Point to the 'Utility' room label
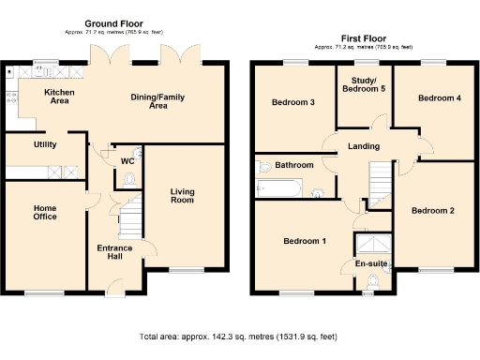[45, 144]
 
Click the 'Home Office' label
[45, 212]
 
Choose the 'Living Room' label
[182, 196]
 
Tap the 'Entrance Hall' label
[115, 253]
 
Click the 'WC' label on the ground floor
[127, 160]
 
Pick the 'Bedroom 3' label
[292, 102]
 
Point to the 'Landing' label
[363, 145]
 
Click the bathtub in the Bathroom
[279, 190]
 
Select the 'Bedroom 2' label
[432, 211]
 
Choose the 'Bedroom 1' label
[305, 242]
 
